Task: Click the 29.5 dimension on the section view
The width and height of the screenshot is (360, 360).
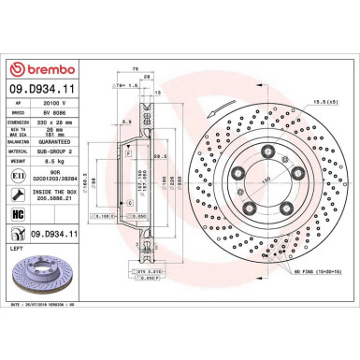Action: [x=160, y=156]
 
